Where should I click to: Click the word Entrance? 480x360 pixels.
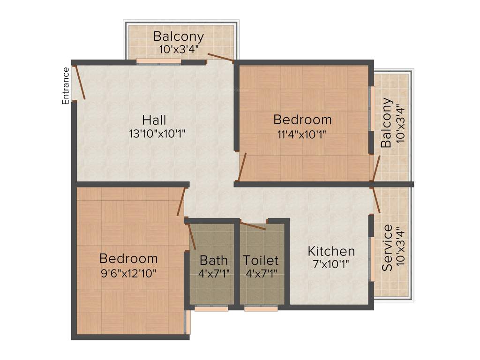click(x=66, y=86)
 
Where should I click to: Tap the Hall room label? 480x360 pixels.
click(x=155, y=120)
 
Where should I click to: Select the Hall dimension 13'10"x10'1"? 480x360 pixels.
click(x=157, y=134)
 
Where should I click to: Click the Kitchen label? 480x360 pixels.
click(x=331, y=251)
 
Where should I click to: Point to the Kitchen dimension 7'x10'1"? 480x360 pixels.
click(x=331, y=263)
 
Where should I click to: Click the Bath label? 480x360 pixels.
click(x=214, y=260)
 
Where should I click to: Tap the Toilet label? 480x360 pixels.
click(x=261, y=260)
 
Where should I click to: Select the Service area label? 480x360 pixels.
click(x=387, y=248)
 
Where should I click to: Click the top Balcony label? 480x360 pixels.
click(x=179, y=36)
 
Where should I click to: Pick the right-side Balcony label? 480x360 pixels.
click(x=386, y=123)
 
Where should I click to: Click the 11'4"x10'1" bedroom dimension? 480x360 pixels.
click(x=302, y=133)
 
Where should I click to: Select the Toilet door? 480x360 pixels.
click(x=253, y=226)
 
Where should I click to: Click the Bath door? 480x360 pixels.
click(x=191, y=236)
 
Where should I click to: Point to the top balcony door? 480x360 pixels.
click(x=220, y=58)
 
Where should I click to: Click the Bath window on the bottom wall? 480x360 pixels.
click(x=211, y=308)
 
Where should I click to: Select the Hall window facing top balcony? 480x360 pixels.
click(x=158, y=61)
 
